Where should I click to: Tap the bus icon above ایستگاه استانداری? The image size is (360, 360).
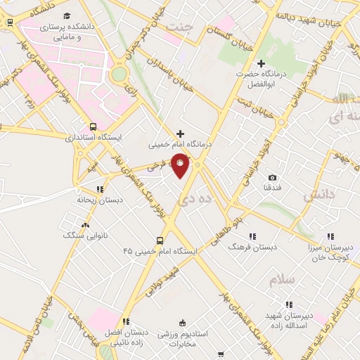(94, 127)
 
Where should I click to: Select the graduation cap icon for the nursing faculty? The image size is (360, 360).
(67, 15)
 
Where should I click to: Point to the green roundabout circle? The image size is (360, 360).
(120, 74)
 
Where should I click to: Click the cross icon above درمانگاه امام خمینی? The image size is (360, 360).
(181, 134)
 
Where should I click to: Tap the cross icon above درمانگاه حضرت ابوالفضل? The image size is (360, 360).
(261, 64)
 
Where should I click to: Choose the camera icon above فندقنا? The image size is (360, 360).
(272, 177)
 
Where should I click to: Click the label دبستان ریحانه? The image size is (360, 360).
(96, 200)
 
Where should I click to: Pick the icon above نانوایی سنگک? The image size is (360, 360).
(86, 225)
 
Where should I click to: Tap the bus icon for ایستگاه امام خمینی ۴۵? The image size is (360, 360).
(160, 240)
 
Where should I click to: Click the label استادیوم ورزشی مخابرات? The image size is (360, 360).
(184, 342)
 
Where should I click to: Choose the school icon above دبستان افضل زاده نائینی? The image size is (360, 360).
(127, 321)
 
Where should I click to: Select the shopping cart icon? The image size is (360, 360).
(221, 354)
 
